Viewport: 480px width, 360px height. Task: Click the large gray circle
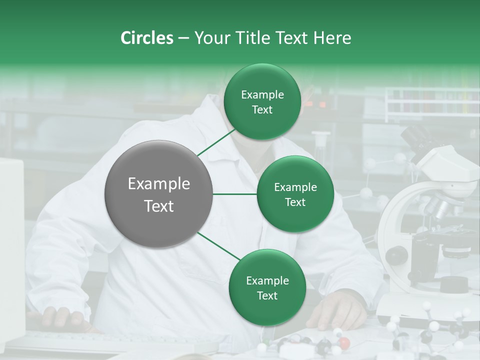tap(159, 194)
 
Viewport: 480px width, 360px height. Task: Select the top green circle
tap(262, 102)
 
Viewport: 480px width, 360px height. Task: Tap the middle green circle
tap(295, 194)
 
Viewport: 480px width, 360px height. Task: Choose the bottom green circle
tap(267, 287)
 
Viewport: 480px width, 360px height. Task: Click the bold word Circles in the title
tap(147, 38)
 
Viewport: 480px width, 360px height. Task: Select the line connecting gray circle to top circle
tap(216, 142)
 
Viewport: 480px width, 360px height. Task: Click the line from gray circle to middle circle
tap(235, 194)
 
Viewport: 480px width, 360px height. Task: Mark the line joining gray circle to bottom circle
tap(218, 246)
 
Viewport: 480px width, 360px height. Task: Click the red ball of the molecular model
tap(344, 343)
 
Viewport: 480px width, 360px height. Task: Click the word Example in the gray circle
tap(159, 184)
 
